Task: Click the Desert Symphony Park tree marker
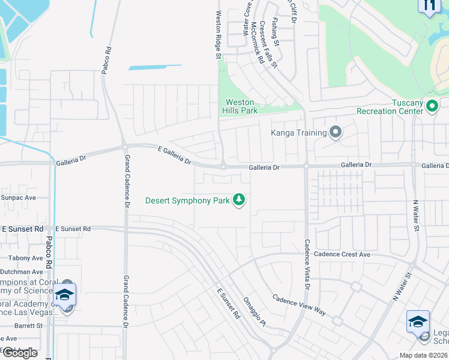(239, 200)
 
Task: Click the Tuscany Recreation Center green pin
(432, 107)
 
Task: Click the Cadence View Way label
(299, 305)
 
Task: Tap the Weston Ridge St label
(218, 34)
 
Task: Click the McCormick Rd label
(258, 43)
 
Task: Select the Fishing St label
(275, 32)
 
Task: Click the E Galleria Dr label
(174, 155)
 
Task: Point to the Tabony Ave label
(26, 258)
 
